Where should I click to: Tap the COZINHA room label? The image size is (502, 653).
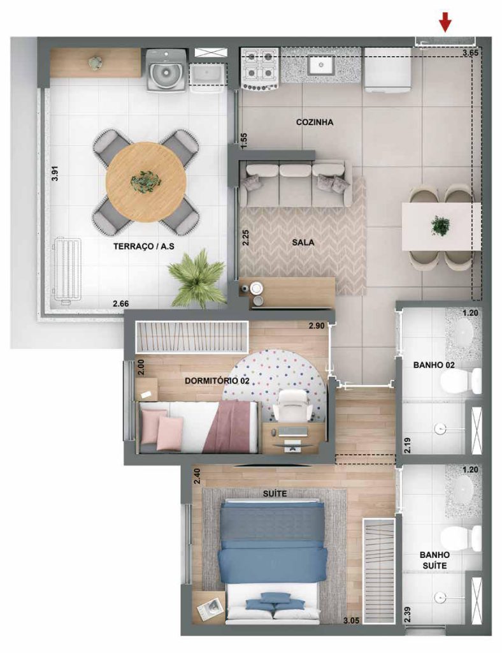[x=315, y=121]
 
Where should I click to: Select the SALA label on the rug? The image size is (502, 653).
[x=304, y=242]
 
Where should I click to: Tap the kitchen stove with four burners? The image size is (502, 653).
[x=260, y=68]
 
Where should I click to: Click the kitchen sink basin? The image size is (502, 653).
[x=321, y=64]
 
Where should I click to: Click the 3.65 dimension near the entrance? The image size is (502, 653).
[x=470, y=53]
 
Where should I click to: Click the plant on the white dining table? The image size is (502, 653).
[x=439, y=225]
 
